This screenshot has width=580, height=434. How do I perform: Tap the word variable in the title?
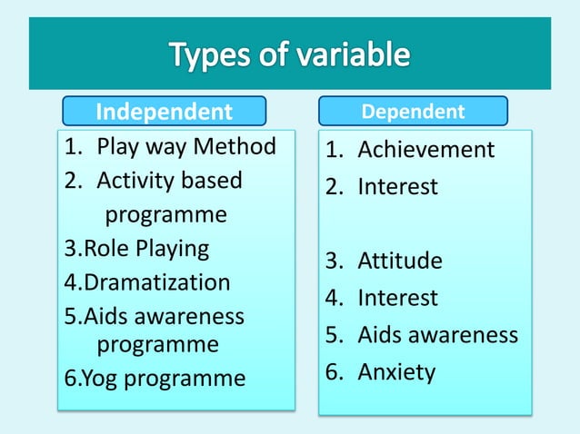coord(349,56)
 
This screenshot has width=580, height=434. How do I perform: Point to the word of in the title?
coord(277,56)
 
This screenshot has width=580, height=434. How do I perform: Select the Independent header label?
coord(164,112)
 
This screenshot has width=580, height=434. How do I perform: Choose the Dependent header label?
coord(413,112)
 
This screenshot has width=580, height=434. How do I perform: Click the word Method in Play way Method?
coord(235,146)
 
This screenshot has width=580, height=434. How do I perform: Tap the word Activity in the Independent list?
coord(135,181)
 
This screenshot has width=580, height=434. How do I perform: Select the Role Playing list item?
coord(136,248)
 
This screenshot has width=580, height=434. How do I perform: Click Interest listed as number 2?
coord(397,187)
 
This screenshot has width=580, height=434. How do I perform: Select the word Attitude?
coord(400,261)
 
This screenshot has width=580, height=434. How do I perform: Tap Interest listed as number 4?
coord(397,298)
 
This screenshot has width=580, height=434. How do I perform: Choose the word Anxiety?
coord(396,372)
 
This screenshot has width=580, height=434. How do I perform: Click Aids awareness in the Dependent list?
coord(437,335)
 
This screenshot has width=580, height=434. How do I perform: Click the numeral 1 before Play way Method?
coord(71,146)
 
